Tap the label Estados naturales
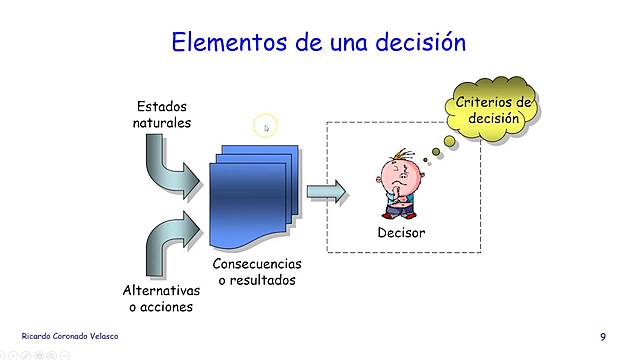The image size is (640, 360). [x=162, y=114]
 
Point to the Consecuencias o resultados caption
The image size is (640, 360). [x=258, y=272]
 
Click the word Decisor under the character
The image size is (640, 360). [x=401, y=233]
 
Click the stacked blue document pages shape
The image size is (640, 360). [x=254, y=196]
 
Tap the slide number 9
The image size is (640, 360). [x=603, y=336]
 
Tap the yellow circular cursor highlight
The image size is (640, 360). [x=265, y=126]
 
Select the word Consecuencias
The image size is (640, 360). [x=258, y=264]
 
